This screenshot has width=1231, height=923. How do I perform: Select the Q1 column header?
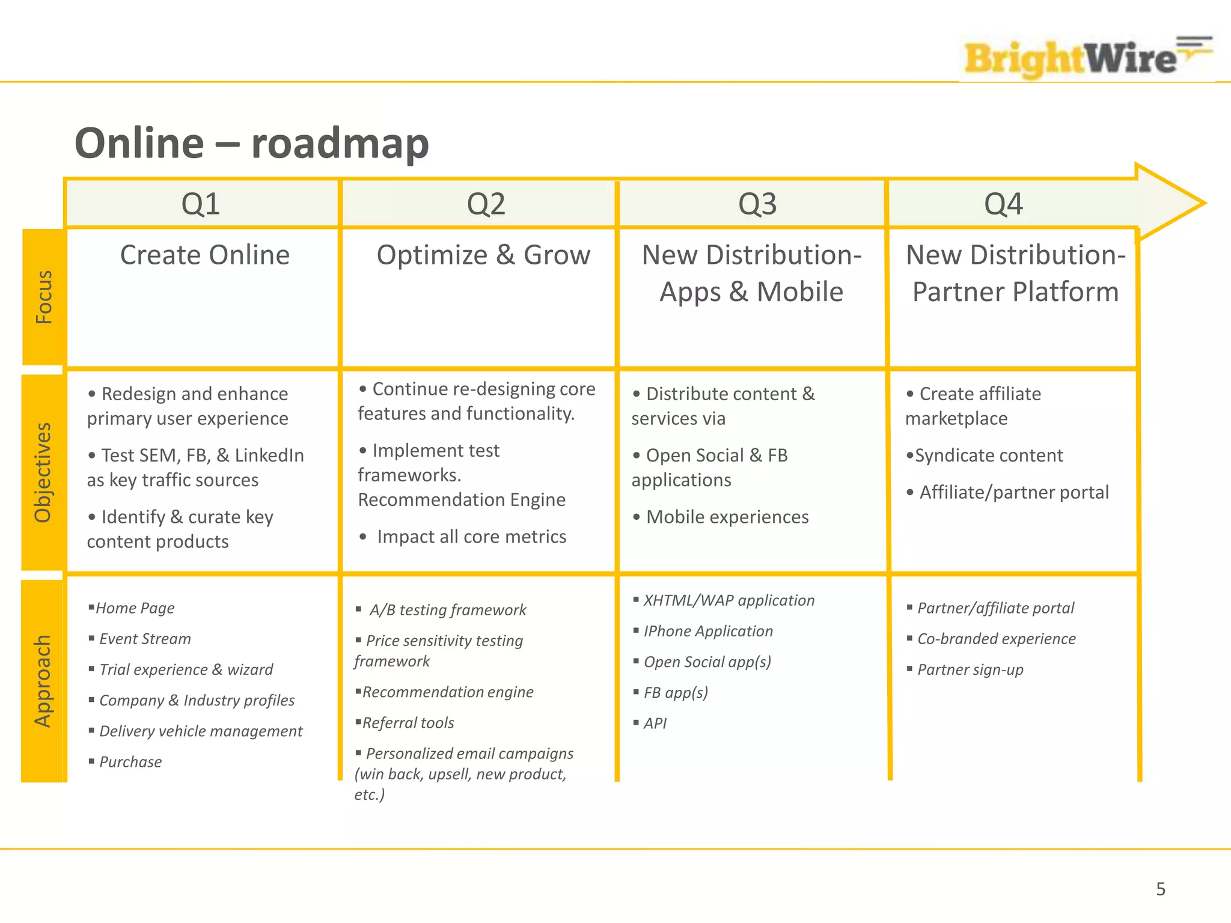201,204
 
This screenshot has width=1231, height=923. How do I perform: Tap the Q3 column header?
757,204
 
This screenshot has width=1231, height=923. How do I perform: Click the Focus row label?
43,297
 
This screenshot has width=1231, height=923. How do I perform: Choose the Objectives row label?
43,472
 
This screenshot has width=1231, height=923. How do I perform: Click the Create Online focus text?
204,255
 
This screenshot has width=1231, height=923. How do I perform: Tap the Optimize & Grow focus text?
483,255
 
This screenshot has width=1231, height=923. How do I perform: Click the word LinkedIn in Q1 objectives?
269,455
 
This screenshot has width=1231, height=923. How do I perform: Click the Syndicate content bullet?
989,455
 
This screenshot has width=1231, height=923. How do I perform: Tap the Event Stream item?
145,639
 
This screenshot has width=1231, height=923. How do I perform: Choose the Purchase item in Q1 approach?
130,762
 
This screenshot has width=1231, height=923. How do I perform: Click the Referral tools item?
408,723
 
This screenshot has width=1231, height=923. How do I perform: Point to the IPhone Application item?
708,631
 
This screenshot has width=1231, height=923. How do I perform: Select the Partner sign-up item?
970,669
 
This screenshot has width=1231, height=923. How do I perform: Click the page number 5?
1161,889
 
